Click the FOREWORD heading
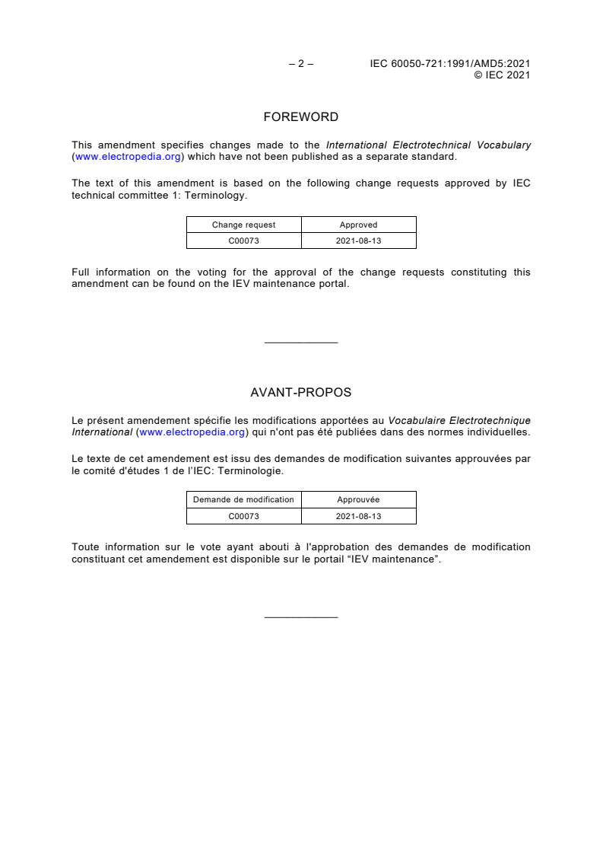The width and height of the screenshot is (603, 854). click(300, 117)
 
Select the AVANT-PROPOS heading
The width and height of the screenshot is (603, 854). click(300, 393)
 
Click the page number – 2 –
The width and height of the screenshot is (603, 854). click(301, 64)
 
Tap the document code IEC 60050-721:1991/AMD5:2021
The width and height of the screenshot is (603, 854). click(449, 64)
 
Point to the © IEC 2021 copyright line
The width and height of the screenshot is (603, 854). click(502, 75)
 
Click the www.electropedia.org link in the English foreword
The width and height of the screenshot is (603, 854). click(128, 157)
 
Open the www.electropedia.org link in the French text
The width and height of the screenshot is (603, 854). click(192, 432)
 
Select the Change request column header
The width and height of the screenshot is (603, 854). click(243, 225)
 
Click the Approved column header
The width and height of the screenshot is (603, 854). click(358, 225)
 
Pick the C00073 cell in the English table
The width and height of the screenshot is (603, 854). click(243, 241)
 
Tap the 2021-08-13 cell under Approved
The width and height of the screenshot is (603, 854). click(358, 241)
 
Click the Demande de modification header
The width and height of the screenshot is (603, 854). click(243, 499)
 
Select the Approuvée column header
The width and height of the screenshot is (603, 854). click(358, 499)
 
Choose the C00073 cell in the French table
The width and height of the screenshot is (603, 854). click(243, 516)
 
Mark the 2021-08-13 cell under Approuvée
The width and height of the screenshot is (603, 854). click(358, 516)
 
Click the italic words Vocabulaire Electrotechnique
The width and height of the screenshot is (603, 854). click(459, 421)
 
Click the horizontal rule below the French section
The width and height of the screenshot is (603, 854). click(300, 617)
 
